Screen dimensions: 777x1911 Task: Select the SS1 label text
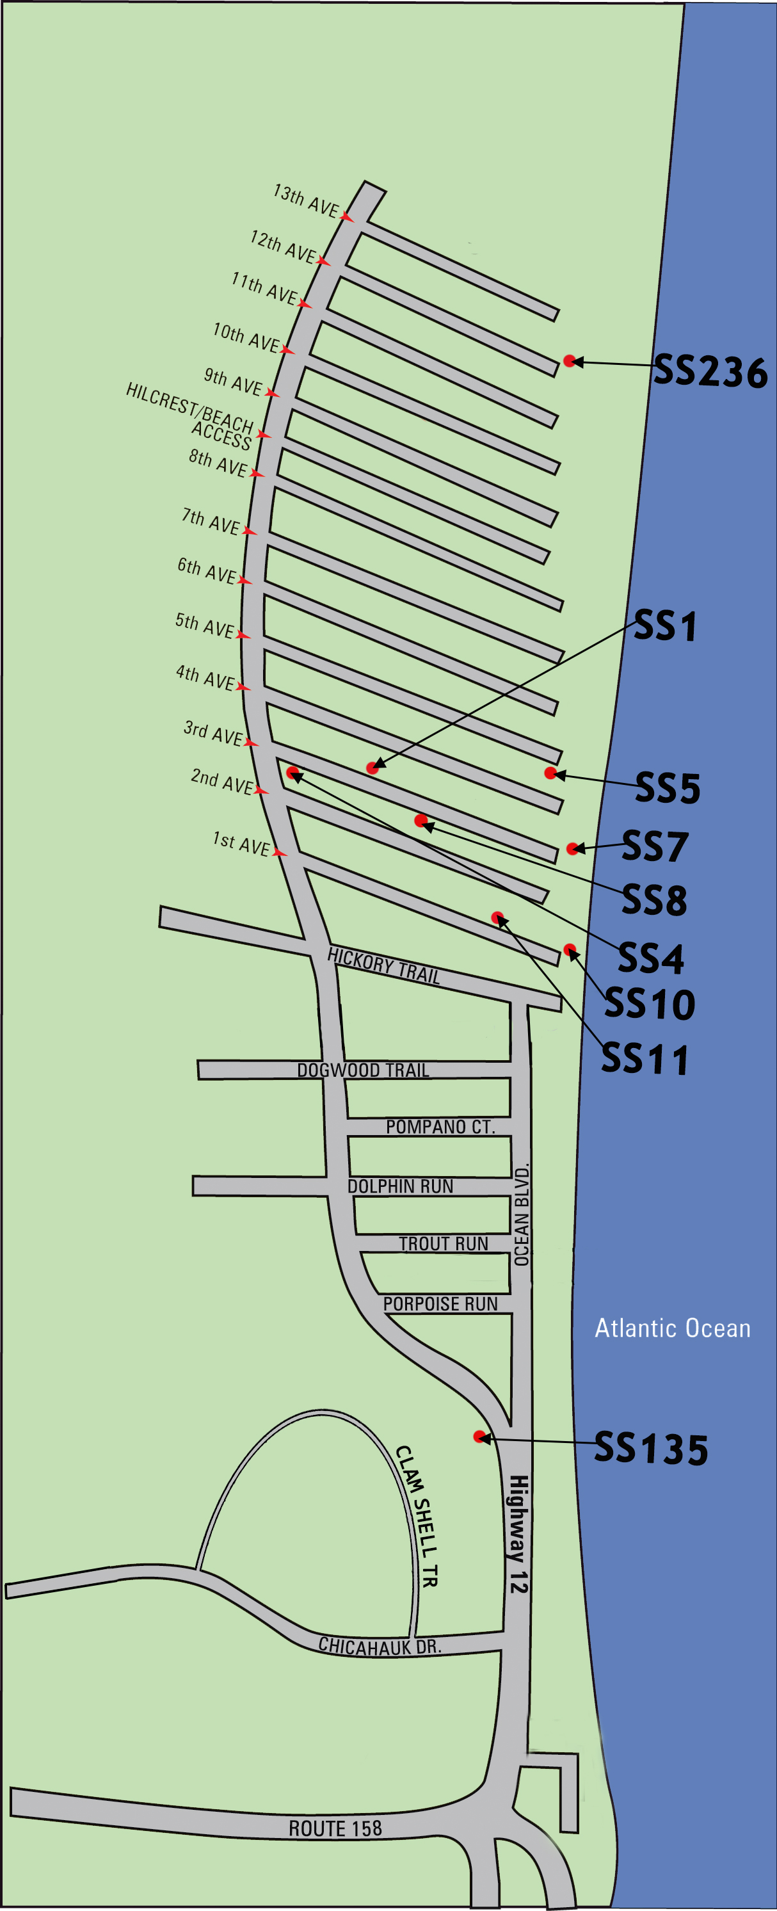click(665, 626)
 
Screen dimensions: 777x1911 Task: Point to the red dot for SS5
click(550, 773)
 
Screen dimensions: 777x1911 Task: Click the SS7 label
click(655, 846)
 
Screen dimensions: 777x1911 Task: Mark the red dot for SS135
click(479, 1437)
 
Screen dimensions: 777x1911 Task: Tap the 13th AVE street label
click(306, 200)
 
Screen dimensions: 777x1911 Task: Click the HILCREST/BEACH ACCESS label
click(191, 415)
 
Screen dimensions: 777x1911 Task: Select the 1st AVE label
click(241, 844)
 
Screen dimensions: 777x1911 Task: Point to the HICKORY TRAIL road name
click(384, 965)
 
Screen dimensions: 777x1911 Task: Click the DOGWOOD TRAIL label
click(364, 1070)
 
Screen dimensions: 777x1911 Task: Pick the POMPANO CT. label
click(440, 1126)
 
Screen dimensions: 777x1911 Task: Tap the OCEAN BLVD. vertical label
click(522, 1214)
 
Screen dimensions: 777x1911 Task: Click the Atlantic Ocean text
click(673, 1328)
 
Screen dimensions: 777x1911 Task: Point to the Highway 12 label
click(518, 1534)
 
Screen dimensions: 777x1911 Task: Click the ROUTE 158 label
click(335, 1828)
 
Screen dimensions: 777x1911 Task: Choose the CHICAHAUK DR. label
click(380, 1646)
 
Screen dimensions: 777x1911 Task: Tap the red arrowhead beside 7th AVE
click(249, 531)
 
